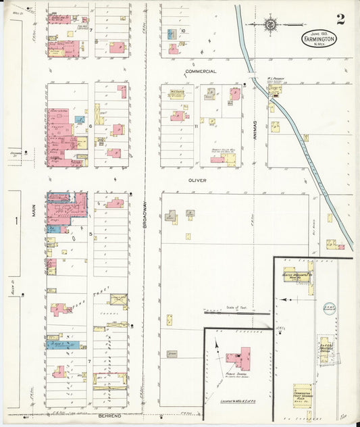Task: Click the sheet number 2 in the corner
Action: pos(340,19)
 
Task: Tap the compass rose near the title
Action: pos(270,24)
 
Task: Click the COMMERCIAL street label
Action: pos(201,71)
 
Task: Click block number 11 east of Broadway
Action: pos(196,126)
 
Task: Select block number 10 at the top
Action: pos(182,30)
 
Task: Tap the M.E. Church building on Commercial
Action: pos(178,93)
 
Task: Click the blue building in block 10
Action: pos(171,32)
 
